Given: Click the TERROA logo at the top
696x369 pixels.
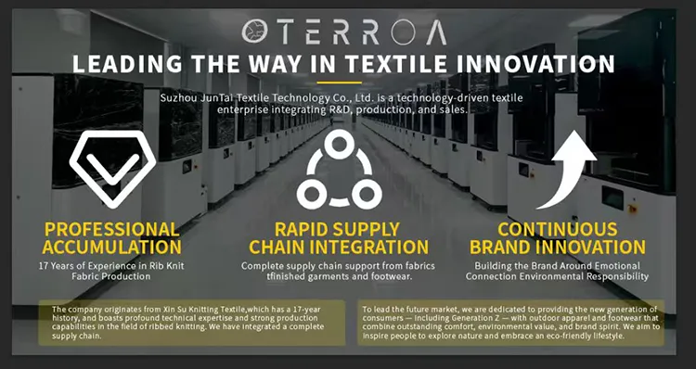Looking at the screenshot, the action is [x=344, y=32].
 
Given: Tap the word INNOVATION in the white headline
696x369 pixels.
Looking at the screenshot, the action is [x=535, y=64].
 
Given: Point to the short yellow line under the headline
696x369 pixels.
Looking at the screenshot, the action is [x=339, y=83].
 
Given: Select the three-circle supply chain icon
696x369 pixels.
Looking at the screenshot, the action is [x=339, y=171].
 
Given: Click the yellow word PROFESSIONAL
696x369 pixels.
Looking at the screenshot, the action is [x=112, y=229].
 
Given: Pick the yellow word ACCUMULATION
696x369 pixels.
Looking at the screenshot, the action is [x=112, y=247].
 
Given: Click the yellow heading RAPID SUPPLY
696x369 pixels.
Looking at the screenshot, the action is [x=338, y=229].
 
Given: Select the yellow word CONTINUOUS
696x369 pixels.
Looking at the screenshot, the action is [x=558, y=229].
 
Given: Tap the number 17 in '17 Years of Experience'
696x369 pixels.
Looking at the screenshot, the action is [x=43, y=266].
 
